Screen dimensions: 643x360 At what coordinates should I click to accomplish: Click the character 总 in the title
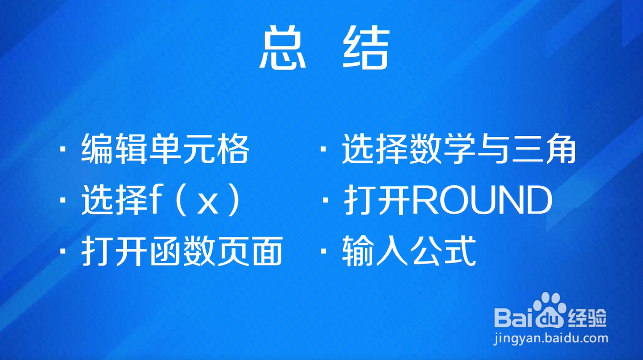(283, 48)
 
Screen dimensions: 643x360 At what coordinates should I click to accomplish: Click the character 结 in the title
(366, 48)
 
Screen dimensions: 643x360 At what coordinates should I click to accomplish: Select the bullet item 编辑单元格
(165, 149)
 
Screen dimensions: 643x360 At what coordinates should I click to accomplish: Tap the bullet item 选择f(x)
(161, 200)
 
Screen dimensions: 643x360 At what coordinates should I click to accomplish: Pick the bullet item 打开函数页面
(182, 251)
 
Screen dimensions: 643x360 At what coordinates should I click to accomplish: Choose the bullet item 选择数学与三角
(459, 149)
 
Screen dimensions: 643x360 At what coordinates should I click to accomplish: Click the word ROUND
(482, 200)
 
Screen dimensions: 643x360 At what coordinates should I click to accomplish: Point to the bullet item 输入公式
(409, 251)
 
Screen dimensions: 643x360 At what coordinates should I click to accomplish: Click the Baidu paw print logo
(549, 311)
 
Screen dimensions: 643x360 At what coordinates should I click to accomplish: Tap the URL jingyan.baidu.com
(551, 339)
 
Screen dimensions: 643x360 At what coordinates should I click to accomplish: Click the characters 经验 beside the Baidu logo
(587, 318)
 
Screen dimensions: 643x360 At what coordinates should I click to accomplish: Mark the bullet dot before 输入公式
(323, 251)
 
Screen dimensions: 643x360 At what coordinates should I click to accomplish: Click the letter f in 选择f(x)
(154, 200)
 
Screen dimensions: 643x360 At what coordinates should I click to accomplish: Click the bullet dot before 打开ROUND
(325, 200)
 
